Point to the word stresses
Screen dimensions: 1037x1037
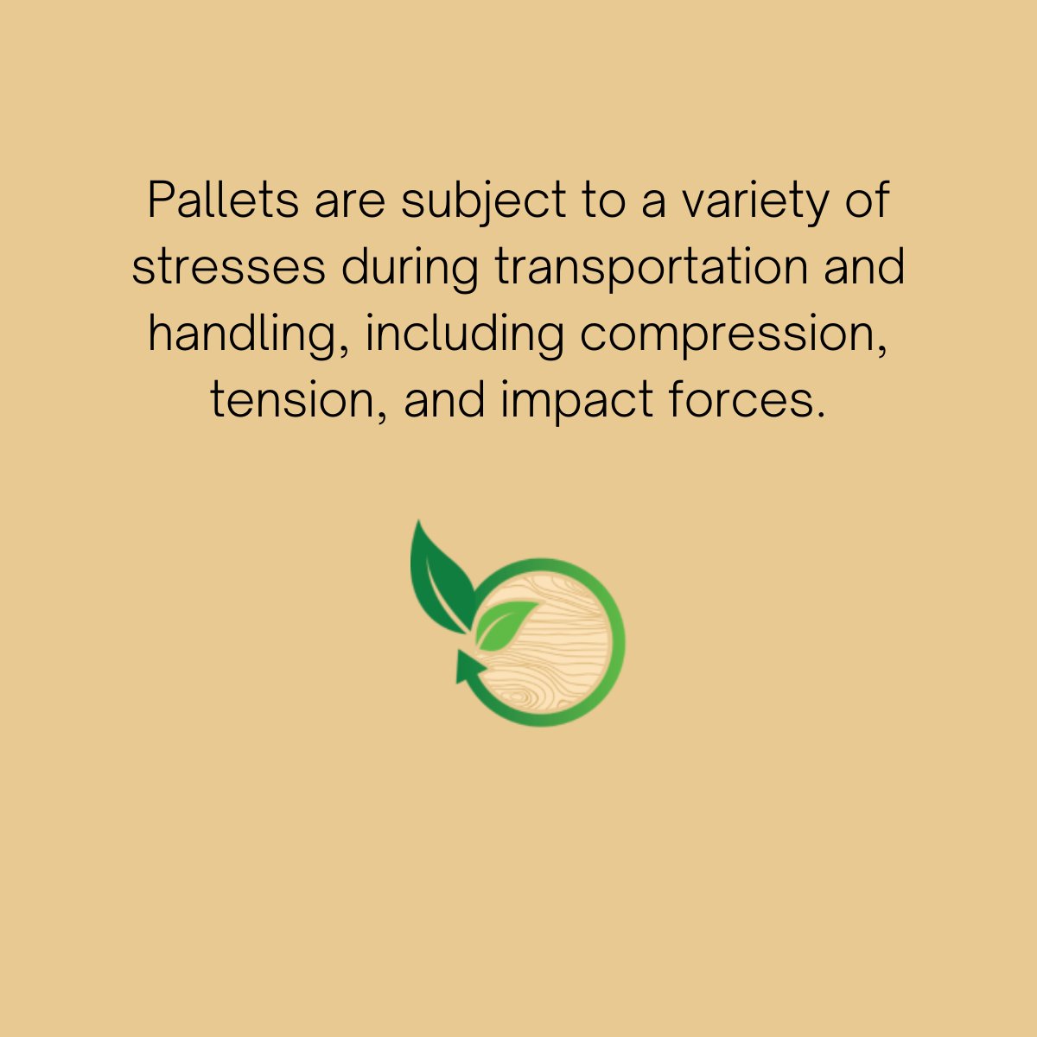tap(229, 268)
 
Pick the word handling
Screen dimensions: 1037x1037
tap(243, 335)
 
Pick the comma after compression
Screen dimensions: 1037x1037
tap(883, 349)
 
